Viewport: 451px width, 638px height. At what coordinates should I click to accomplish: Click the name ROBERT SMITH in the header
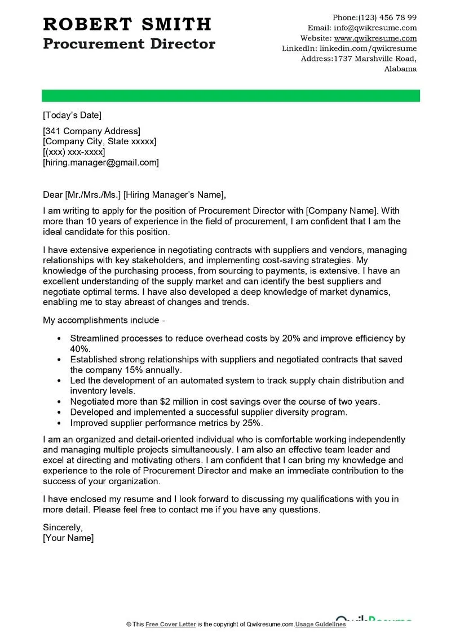(127, 24)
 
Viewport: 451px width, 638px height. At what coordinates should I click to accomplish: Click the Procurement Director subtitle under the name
(129, 43)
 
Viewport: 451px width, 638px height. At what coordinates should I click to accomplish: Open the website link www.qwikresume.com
(375, 38)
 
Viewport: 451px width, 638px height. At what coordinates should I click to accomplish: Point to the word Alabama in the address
(400, 69)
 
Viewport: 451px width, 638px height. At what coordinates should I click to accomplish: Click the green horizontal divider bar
(231, 95)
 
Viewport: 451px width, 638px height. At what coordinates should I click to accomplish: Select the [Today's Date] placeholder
(72, 115)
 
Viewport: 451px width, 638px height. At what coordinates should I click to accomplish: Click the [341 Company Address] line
(92, 131)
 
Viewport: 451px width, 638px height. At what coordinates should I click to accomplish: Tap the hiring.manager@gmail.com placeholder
(101, 162)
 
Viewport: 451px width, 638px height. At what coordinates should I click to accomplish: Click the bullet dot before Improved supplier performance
(60, 423)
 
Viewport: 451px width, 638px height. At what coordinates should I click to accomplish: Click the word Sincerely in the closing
(63, 528)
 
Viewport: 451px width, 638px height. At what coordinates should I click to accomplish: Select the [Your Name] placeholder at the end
(68, 538)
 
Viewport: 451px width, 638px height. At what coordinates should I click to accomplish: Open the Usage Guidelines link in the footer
(321, 624)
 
